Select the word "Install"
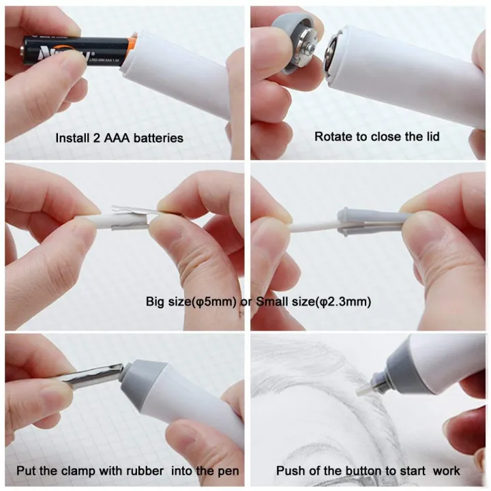(x=71, y=138)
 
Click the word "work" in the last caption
(x=446, y=471)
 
